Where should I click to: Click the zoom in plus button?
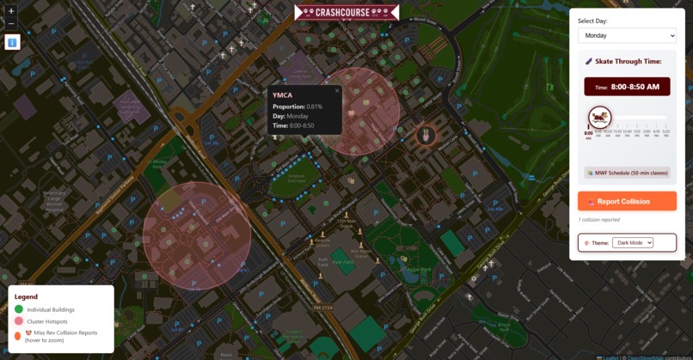pyautogui.click(x=12, y=11)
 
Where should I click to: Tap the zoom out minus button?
pyautogui.click(x=12, y=23)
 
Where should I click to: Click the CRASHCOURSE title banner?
pyautogui.click(x=346, y=12)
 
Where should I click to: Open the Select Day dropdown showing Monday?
pyautogui.click(x=627, y=35)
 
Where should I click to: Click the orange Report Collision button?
pyautogui.click(x=627, y=201)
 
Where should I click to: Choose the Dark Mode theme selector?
pyautogui.click(x=632, y=243)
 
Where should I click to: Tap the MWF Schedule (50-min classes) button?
pyautogui.click(x=627, y=173)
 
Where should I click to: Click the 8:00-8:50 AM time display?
pyautogui.click(x=627, y=87)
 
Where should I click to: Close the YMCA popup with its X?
pyautogui.click(x=337, y=90)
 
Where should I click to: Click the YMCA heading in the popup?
pyautogui.click(x=283, y=95)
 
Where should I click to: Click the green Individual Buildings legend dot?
pyautogui.click(x=19, y=309)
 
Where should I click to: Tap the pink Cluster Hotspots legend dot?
pyautogui.click(x=19, y=320)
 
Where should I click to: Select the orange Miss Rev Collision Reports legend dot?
pyautogui.click(x=19, y=335)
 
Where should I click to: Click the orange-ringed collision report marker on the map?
pyautogui.click(x=425, y=135)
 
